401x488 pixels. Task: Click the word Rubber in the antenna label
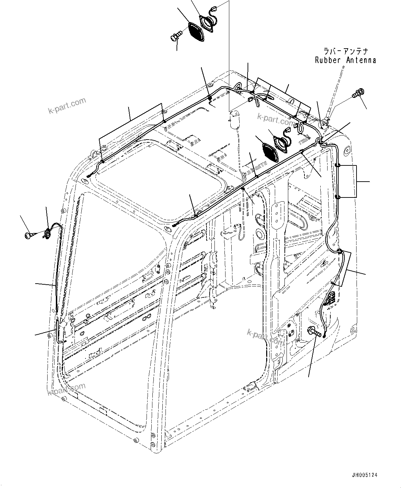click(328, 60)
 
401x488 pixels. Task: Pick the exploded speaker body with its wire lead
click(208, 23)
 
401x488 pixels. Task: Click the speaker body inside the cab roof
click(281, 141)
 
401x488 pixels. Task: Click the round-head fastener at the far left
click(28, 235)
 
